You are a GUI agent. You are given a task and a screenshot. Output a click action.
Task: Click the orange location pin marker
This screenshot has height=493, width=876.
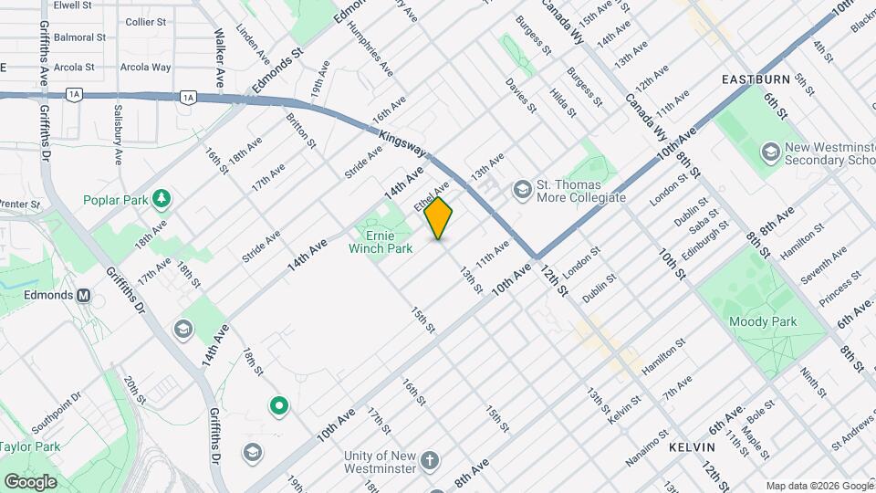click(x=439, y=217)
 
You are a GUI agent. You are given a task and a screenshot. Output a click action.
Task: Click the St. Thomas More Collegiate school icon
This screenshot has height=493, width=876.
click(x=523, y=189)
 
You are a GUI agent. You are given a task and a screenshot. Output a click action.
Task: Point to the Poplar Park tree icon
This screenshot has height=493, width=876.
click(x=162, y=197)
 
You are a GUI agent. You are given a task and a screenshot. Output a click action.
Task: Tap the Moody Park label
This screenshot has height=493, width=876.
click(x=763, y=321)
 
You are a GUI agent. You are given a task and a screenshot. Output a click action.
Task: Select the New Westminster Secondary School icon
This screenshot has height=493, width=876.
click(x=770, y=152)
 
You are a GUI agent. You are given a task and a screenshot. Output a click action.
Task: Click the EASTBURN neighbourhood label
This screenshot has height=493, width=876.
click(x=754, y=79)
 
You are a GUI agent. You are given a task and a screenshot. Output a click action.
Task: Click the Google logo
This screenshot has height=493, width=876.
click(x=30, y=481)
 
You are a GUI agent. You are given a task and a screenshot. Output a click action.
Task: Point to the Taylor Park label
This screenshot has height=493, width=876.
click(x=29, y=446)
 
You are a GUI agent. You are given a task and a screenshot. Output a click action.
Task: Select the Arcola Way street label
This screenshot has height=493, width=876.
click(x=148, y=67)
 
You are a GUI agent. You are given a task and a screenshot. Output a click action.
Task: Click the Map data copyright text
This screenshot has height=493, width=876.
click(x=818, y=485)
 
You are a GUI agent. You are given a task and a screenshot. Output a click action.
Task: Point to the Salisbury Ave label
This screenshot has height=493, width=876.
click(x=118, y=132)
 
